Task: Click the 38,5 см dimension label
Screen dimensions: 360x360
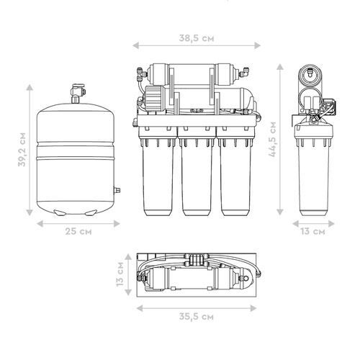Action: click(197, 38)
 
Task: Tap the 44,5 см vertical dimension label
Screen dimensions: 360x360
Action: click(272, 140)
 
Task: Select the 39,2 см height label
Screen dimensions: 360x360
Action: click(22, 149)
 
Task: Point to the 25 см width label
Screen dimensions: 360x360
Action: click(78, 231)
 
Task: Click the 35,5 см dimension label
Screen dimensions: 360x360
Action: click(197, 316)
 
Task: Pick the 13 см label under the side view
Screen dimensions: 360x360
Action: click(313, 231)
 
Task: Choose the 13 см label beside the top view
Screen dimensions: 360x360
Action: click(120, 274)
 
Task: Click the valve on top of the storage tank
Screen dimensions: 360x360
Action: click(77, 93)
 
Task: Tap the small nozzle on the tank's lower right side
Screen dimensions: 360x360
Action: click(117, 191)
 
